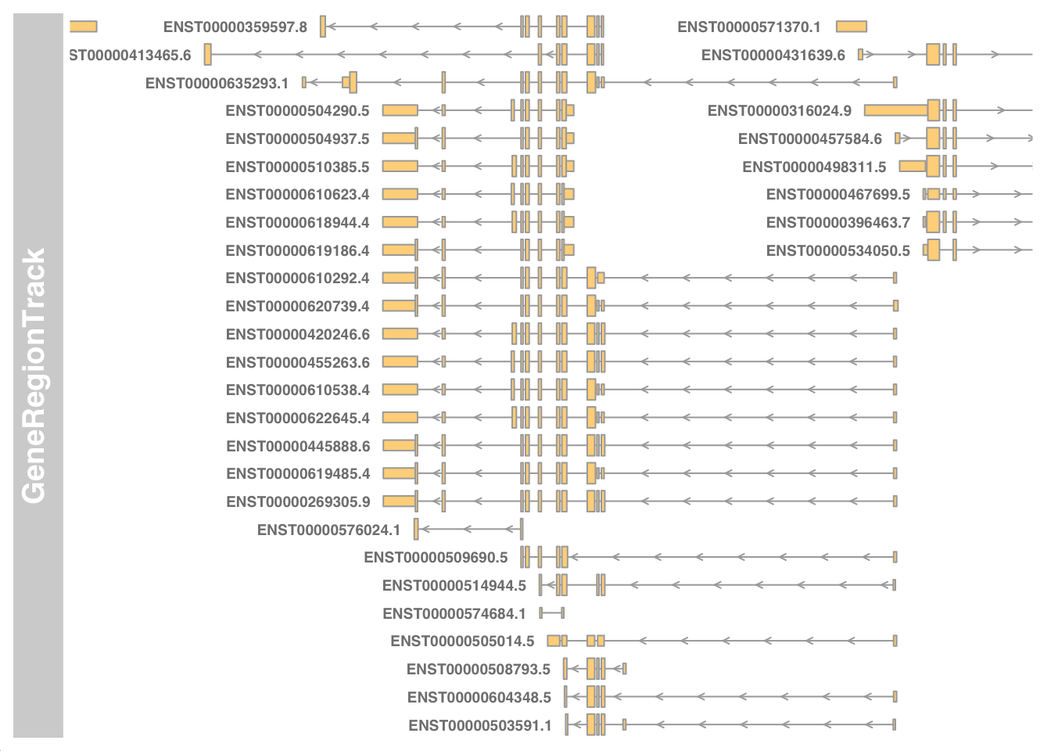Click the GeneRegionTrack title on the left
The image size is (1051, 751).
point(34,375)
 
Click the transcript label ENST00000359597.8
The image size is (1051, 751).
point(235,27)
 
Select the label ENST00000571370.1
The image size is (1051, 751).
point(749,27)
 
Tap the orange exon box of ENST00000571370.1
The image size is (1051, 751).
point(851,27)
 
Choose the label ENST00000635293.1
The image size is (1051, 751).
point(217,84)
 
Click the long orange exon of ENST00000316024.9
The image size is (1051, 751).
point(895,111)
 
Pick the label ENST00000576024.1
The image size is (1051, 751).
point(328,530)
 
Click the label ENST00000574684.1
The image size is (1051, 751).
point(454,614)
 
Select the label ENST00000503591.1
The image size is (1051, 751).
point(480,726)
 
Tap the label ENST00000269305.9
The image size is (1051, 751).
point(298,502)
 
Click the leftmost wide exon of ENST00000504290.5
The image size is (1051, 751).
point(400,111)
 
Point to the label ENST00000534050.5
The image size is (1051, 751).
point(838,251)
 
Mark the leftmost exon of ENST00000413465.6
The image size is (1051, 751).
point(207,55)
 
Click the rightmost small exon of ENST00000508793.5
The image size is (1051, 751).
point(624,669)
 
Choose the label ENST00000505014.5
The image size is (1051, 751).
point(462,641)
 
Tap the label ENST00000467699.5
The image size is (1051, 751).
point(838,195)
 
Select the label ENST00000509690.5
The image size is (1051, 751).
point(436,558)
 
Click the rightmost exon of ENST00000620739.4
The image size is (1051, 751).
point(895,306)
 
